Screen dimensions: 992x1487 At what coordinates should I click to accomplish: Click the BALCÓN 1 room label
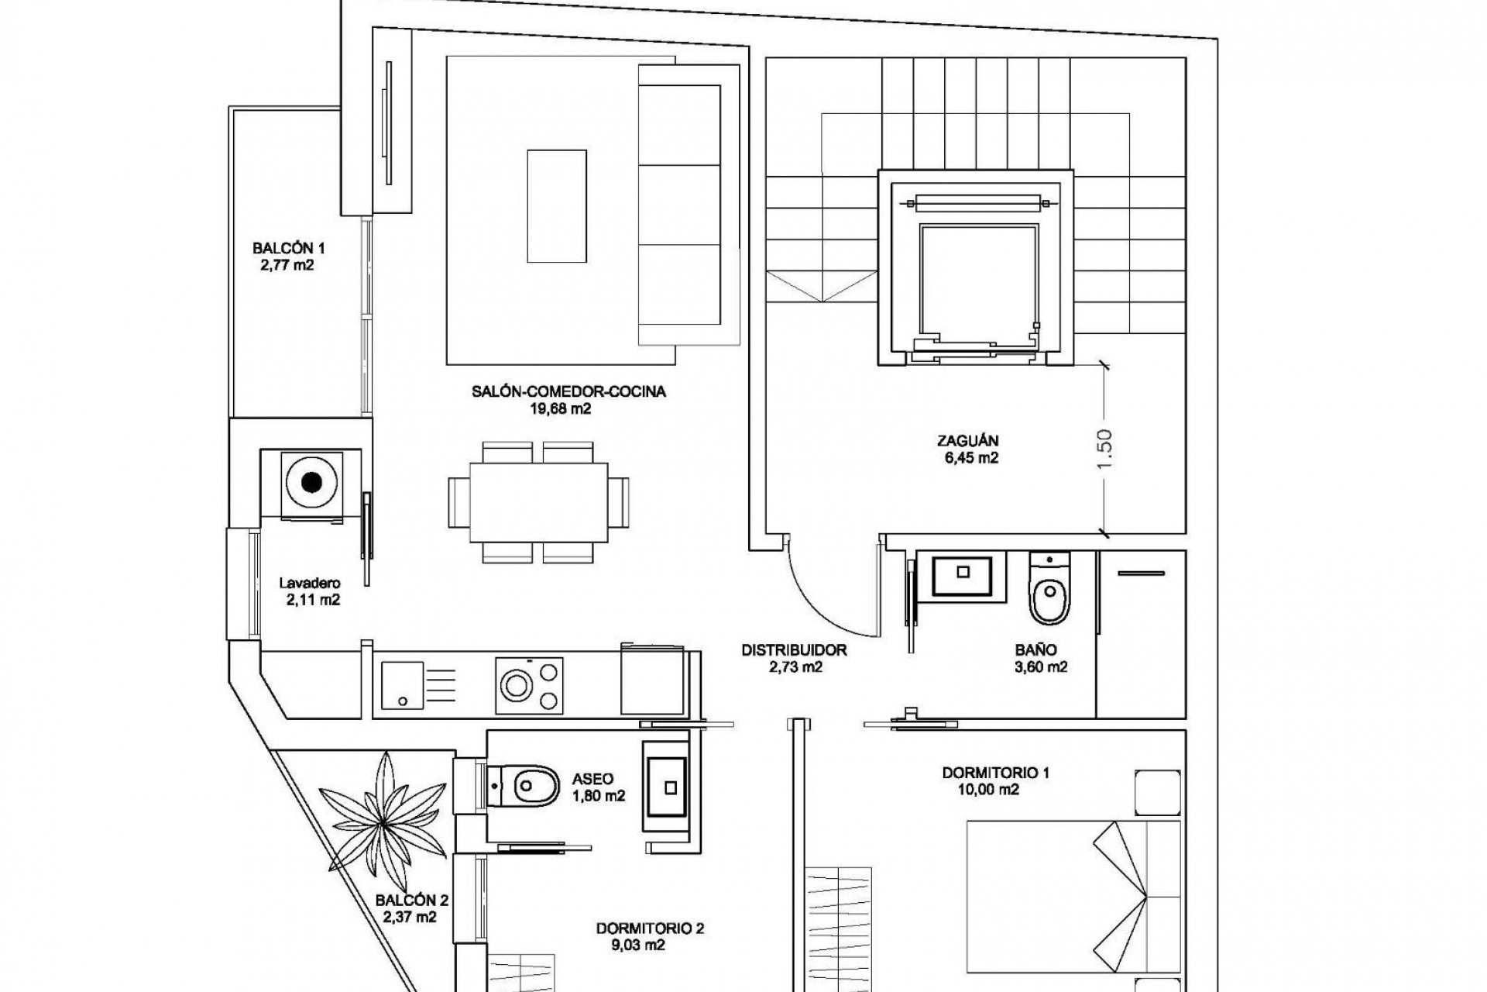[288, 249]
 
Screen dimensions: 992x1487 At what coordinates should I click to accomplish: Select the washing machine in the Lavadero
[312, 483]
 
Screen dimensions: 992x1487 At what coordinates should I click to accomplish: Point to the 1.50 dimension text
[1105, 448]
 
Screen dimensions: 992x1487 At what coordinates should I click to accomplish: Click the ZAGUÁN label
[967, 440]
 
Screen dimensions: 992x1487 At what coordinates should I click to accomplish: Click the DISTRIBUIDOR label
[794, 650]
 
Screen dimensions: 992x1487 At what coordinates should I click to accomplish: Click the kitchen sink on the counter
[403, 684]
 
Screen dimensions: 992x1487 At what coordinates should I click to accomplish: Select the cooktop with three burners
[531, 684]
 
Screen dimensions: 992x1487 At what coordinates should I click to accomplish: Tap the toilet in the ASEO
[527, 787]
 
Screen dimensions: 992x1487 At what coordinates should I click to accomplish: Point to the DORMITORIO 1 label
[995, 773]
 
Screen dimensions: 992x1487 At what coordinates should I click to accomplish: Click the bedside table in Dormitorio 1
[1158, 792]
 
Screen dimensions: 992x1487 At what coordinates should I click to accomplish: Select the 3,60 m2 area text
[1041, 666]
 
